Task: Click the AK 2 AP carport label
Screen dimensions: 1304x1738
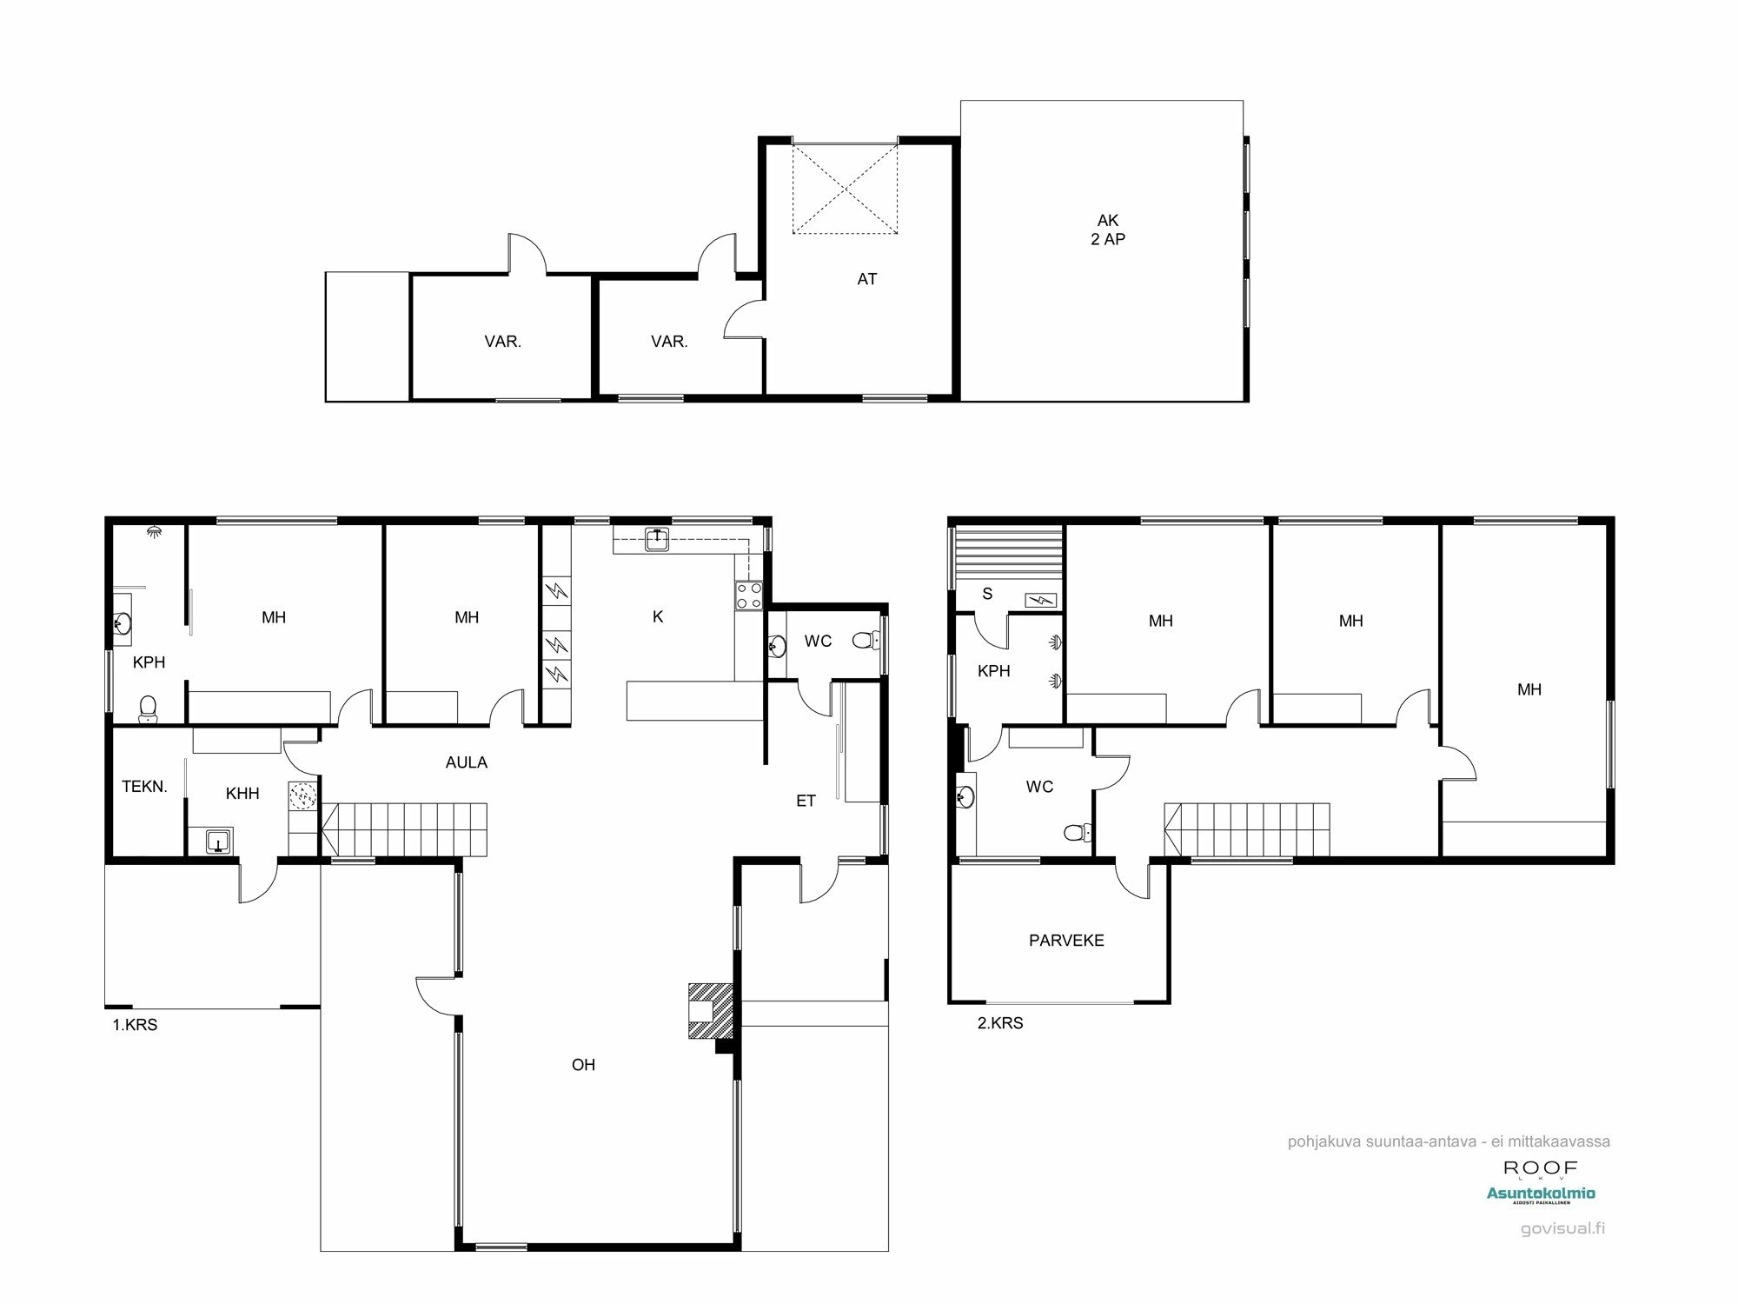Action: (x=1108, y=230)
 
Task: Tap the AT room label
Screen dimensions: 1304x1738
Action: (x=866, y=279)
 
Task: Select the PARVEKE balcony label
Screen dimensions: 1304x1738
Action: (x=1066, y=941)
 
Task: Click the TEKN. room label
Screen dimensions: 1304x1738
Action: (x=144, y=787)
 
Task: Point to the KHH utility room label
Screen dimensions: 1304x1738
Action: (x=242, y=793)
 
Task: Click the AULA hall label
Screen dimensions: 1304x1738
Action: (x=467, y=762)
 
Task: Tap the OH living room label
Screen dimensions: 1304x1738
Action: (x=583, y=1065)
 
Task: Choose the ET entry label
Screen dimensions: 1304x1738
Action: (x=806, y=801)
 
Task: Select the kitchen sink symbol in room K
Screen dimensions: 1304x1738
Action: (x=658, y=540)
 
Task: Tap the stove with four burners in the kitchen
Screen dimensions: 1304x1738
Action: (x=749, y=595)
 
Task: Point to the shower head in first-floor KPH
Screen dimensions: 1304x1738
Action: (x=154, y=529)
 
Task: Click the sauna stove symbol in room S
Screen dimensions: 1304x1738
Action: (x=1040, y=600)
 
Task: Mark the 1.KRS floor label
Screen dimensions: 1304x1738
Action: (x=135, y=1025)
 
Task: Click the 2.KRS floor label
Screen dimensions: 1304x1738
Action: (x=1000, y=1023)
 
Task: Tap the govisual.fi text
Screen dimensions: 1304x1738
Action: (x=1562, y=1228)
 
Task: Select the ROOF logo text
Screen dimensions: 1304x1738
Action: (x=1540, y=1168)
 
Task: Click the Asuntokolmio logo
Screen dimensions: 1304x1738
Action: (x=1540, y=1194)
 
